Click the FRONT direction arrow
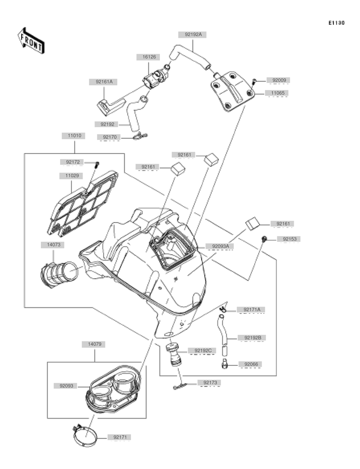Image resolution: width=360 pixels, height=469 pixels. click(31, 41)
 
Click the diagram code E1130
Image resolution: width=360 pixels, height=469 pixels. click(336, 23)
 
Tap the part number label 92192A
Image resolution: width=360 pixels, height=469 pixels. click(193, 35)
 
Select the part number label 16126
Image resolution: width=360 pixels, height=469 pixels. click(149, 57)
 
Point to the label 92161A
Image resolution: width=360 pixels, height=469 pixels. click(104, 82)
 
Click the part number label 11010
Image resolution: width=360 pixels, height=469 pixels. click(74, 136)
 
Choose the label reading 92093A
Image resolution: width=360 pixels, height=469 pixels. click(220, 246)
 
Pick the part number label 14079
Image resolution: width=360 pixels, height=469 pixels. click(95, 344)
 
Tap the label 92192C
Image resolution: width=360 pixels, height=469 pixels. click(203, 351)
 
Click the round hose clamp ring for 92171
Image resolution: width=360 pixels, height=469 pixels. click(85, 435)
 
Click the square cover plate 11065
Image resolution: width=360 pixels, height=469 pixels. click(232, 91)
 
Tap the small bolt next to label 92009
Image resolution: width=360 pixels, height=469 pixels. click(253, 81)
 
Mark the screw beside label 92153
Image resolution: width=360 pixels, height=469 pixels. click(264, 239)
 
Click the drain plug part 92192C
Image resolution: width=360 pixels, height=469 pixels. click(174, 355)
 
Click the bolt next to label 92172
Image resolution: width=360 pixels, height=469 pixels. click(97, 164)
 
